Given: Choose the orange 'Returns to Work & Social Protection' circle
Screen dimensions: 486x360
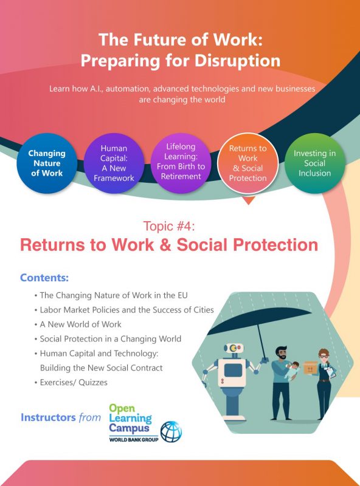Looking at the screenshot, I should [247, 162].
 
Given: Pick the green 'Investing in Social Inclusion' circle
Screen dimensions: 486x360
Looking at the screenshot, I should [315, 162].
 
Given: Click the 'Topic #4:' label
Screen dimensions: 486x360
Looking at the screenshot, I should [169, 227].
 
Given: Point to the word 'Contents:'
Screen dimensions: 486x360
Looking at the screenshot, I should [44, 278].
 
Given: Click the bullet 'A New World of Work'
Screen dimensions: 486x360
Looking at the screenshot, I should [80, 324].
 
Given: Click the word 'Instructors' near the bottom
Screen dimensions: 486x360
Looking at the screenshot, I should [47, 417].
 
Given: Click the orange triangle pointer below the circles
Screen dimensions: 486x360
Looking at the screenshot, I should [248, 200].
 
